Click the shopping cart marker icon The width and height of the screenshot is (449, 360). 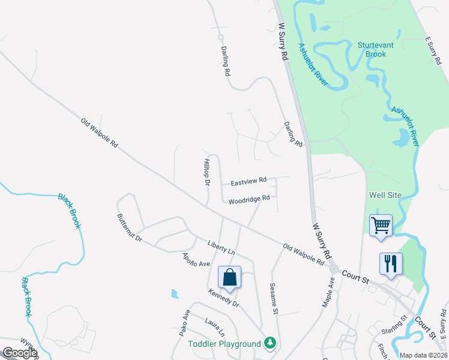[381, 226]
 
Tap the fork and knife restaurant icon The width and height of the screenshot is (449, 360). [391, 263]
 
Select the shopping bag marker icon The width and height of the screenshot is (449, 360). [229, 277]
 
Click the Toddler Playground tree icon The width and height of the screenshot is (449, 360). [270, 343]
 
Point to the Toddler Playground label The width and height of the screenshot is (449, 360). [224, 344]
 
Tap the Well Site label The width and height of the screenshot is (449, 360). [384, 196]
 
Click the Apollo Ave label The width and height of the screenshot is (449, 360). [196, 260]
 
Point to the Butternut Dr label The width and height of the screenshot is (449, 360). [130, 228]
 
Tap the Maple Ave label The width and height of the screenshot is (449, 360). [328, 292]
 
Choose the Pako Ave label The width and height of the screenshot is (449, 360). [186, 322]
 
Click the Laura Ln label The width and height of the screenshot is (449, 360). [214, 328]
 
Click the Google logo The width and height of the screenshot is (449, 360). [20, 353]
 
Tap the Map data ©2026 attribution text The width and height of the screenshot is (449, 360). [423, 355]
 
